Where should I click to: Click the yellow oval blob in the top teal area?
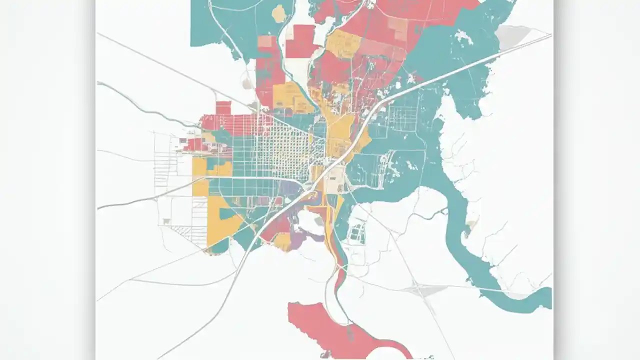point(278,13)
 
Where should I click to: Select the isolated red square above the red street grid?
point(223,107)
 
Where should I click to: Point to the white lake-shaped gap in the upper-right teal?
point(462,37)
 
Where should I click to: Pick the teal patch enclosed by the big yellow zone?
point(228,214)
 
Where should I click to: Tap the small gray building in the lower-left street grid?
point(164,220)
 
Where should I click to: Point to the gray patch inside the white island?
point(318,221)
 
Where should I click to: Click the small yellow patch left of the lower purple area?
point(282,242)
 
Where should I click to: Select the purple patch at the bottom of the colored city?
point(298,239)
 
